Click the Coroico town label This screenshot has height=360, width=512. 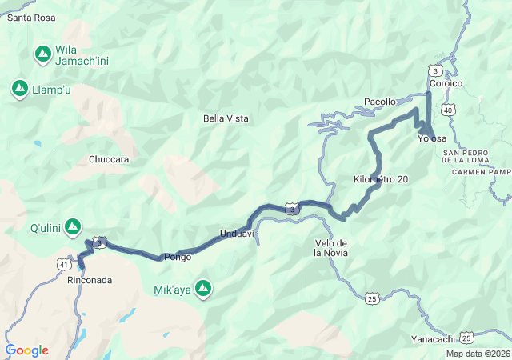click(x=446, y=83)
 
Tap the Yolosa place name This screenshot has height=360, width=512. click(x=432, y=138)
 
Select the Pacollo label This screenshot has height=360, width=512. click(x=379, y=102)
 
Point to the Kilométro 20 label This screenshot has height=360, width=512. click(x=381, y=179)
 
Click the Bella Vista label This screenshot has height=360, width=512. click(x=226, y=118)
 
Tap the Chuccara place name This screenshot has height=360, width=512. click(x=109, y=159)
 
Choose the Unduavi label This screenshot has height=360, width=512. click(x=237, y=234)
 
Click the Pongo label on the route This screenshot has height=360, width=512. click(x=177, y=257)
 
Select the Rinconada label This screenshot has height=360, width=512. click(x=90, y=280)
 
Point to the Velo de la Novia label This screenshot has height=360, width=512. click(x=330, y=248)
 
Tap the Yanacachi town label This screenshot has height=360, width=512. click(x=433, y=338)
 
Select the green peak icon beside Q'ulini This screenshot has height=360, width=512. click(x=74, y=227)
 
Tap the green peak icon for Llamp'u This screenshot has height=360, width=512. click(x=19, y=88)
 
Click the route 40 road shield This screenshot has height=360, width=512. click(x=447, y=109)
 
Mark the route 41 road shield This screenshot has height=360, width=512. click(x=64, y=263)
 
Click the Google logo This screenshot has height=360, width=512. click(x=26, y=350)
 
